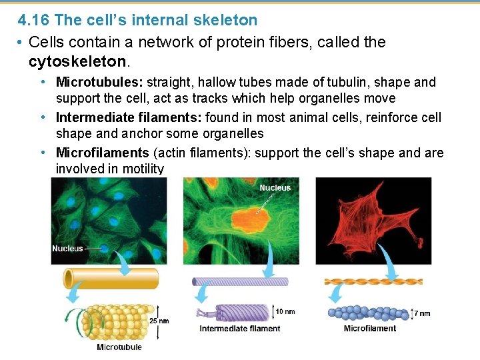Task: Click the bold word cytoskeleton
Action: [77, 62]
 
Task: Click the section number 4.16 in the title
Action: [34, 21]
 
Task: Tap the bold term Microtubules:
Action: [99, 83]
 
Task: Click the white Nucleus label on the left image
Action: [67, 249]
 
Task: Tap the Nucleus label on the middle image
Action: [275, 188]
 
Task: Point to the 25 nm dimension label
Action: [159, 321]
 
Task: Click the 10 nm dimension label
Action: [285, 311]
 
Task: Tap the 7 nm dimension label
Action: [422, 313]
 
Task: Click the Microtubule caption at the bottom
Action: [119, 347]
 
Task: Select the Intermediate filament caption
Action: [240, 328]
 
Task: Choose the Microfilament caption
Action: [370, 328]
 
